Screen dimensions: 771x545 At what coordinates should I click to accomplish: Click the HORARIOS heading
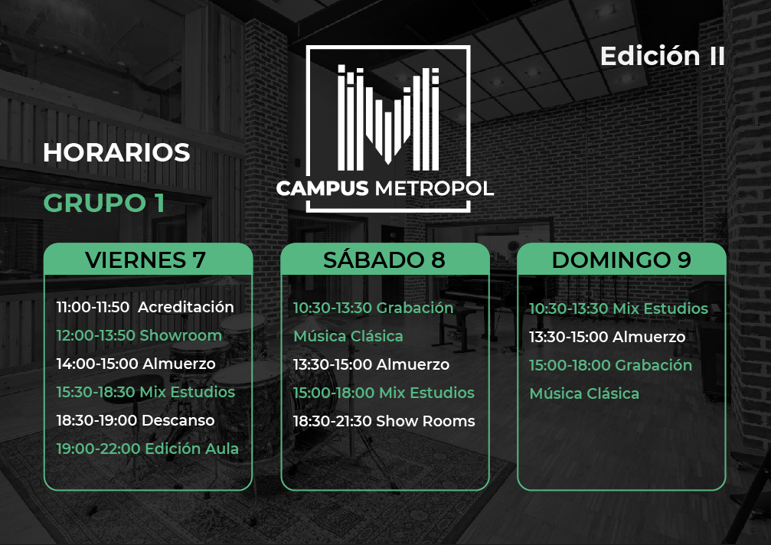tap(116, 152)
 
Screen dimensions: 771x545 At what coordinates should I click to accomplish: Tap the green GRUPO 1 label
tap(104, 203)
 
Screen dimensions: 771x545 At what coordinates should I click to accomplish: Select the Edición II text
tap(662, 56)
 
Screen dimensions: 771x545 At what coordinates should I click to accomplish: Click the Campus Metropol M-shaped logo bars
tap(388, 118)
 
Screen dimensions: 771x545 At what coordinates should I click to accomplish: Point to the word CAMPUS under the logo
tap(322, 188)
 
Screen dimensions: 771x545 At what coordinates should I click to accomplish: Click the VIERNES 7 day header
tap(145, 260)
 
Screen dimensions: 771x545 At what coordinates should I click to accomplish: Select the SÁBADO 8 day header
tap(384, 259)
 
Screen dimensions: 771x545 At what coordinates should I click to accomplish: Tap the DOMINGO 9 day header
tap(622, 260)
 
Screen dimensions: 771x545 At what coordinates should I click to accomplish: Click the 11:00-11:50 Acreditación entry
tap(145, 307)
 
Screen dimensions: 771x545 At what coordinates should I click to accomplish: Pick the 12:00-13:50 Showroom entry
tap(139, 335)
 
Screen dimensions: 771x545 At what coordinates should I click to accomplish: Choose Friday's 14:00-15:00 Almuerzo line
tap(136, 364)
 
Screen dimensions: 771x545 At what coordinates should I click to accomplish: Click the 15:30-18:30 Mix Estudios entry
tap(145, 392)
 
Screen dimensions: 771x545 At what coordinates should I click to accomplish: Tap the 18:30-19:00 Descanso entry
tap(136, 420)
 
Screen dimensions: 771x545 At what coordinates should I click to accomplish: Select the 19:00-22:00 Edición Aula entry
tap(148, 449)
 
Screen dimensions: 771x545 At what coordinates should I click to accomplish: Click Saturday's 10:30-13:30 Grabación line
tap(373, 308)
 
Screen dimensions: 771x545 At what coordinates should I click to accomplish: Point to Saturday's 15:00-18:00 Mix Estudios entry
tap(384, 393)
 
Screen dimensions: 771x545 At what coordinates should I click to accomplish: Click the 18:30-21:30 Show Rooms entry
tap(384, 421)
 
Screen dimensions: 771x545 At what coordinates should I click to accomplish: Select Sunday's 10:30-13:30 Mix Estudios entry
tap(619, 308)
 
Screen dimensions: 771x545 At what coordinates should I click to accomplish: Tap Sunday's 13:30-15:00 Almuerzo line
tap(607, 337)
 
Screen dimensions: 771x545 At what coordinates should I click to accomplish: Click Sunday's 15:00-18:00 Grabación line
tap(611, 365)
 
